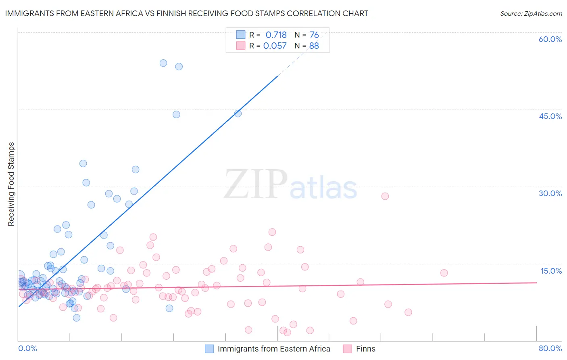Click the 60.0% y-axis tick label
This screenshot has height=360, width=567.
pyautogui.click(x=550, y=39)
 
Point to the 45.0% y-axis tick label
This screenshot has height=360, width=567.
pyautogui.click(x=550, y=116)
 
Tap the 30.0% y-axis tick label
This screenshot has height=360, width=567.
pyautogui.click(x=550, y=193)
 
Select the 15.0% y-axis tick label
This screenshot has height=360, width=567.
pyautogui.click(x=551, y=271)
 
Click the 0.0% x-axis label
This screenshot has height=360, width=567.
pyautogui.click(x=27, y=348)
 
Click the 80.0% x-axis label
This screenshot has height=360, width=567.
pyautogui.click(x=550, y=348)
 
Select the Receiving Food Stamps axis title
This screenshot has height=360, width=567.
pyautogui.click(x=11, y=184)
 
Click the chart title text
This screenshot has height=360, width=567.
pyautogui.click(x=186, y=13)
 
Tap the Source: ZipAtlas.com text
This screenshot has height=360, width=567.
pyautogui.click(x=531, y=13)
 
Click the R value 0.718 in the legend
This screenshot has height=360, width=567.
pyautogui.click(x=276, y=35)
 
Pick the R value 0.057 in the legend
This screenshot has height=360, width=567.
pyautogui.click(x=275, y=46)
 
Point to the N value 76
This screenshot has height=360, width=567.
pyautogui.click(x=314, y=35)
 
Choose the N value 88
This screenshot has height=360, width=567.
pyautogui.click(x=314, y=46)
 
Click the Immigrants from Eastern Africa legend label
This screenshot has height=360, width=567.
pyautogui.click(x=274, y=349)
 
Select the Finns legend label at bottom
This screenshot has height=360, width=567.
pyautogui.click(x=365, y=349)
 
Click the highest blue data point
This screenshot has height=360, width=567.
pyautogui.click(x=163, y=63)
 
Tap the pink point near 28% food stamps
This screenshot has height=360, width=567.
pyautogui.click(x=385, y=196)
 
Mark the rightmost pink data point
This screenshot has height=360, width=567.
pyautogui.click(x=444, y=273)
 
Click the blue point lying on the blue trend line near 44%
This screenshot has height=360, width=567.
pyautogui.click(x=238, y=113)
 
